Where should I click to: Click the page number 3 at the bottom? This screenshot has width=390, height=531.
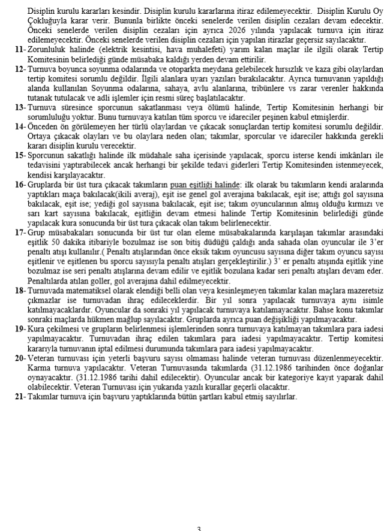pyautogui.click(x=199, y=527)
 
